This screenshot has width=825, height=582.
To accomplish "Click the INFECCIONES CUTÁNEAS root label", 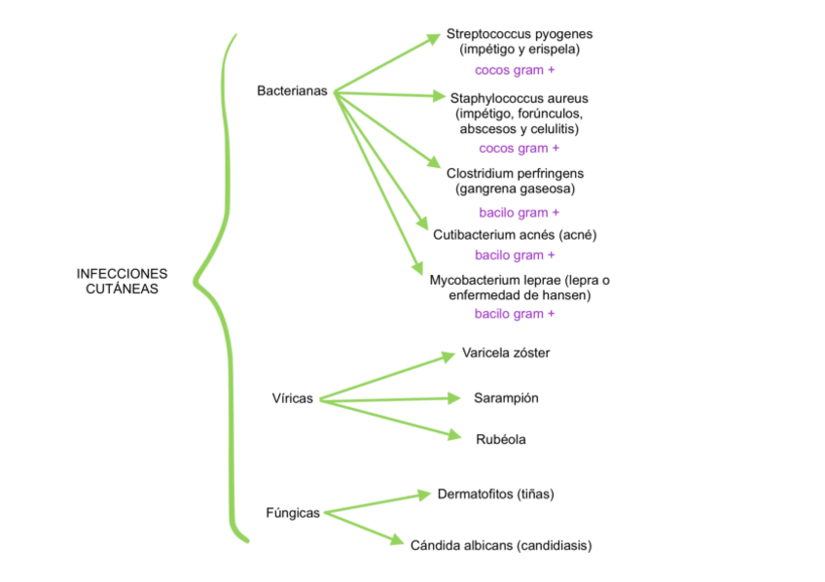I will click(x=122, y=281).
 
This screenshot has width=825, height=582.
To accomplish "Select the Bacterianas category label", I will click(x=292, y=91).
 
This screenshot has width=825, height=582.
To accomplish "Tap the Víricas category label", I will click(x=293, y=398).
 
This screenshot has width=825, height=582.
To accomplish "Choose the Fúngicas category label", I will click(x=293, y=512).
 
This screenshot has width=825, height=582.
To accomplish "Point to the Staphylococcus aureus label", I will click(x=519, y=98).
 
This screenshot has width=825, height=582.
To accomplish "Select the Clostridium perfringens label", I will click(x=515, y=173).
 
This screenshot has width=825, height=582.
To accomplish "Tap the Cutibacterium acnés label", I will click(x=515, y=235).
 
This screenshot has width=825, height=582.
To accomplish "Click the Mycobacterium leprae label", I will click(x=520, y=280).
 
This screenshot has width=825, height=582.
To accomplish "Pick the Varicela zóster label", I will click(x=505, y=353).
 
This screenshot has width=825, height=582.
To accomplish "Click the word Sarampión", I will click(x=506, y=398).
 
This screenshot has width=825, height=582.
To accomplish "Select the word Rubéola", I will click(x=501, y=439).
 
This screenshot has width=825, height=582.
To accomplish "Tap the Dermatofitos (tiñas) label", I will click(x=495, y=494).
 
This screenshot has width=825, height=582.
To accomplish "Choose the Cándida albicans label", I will click(x=501, y=545).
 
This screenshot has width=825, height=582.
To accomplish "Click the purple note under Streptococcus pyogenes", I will click(x=515, y=70).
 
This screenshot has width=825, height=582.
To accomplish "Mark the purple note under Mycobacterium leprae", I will click(x=515, y=314).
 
